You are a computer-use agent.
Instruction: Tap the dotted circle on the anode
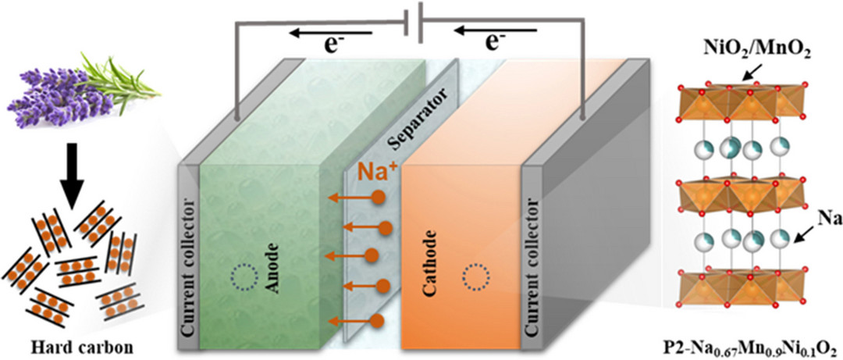(x=244, y=276)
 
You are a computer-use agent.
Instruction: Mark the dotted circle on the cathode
(x=476, y=276)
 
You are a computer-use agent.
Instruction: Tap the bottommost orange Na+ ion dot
(x=378, y=320)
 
